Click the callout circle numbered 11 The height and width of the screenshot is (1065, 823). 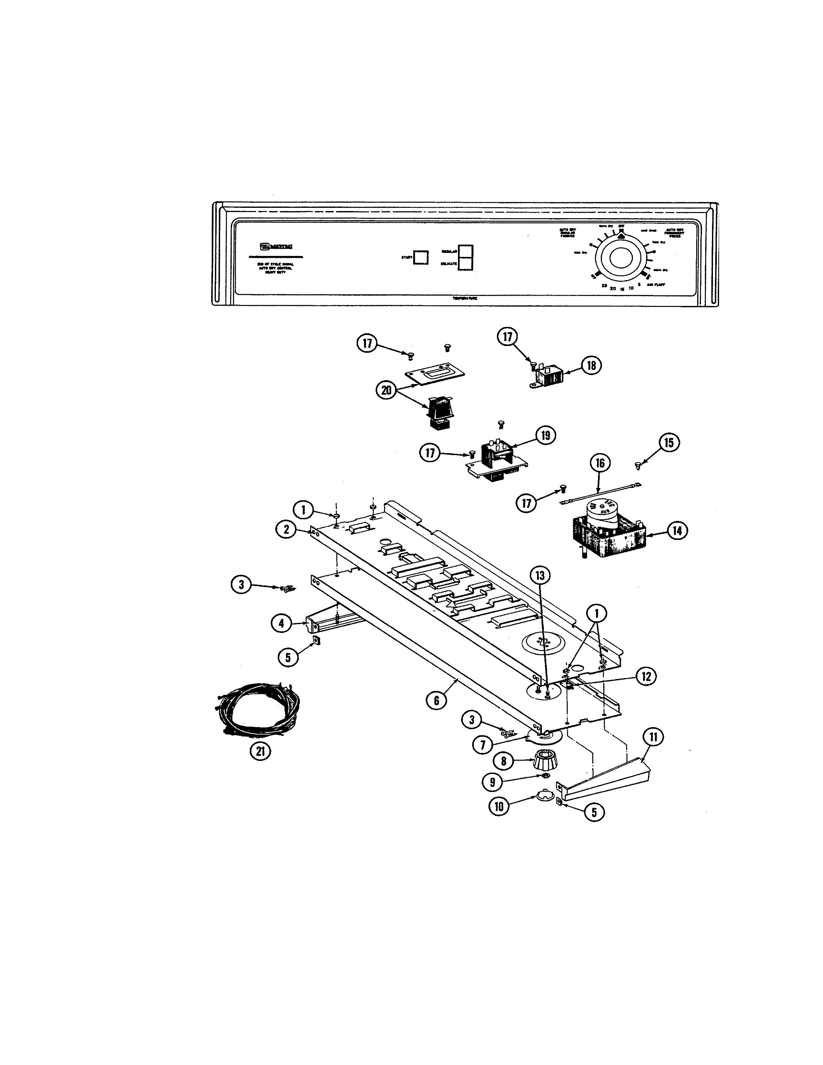[x=653, y=737]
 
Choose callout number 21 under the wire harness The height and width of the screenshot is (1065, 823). [x=260, y=751]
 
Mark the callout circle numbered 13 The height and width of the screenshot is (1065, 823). [x=540, y=575]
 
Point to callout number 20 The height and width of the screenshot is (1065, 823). [x=387, y=390]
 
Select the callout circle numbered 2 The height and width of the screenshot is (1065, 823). [x=286, y=529]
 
